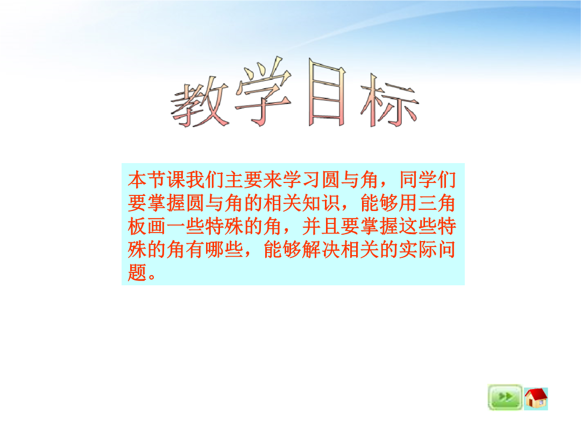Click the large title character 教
click(x=200, y=102)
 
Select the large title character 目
click(x=327, y=93)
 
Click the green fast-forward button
click(x=505, y=397)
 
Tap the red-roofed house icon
click(x=536, y=398)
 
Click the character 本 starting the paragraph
click(x=138, y=180)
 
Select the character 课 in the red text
click(x=176, y=180)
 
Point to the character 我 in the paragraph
click(x=195, y=180)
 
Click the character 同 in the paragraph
click(x=408, y=180)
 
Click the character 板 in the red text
click(x=138, y=227)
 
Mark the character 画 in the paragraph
click(x=157, y=227)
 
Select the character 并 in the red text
click(x=311, y=227)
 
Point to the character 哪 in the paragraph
click(x=215, y=250)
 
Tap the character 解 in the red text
click(x=311, y=250)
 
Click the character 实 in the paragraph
click(x=408, y=250)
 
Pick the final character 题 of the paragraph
click(x=138, y=272)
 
